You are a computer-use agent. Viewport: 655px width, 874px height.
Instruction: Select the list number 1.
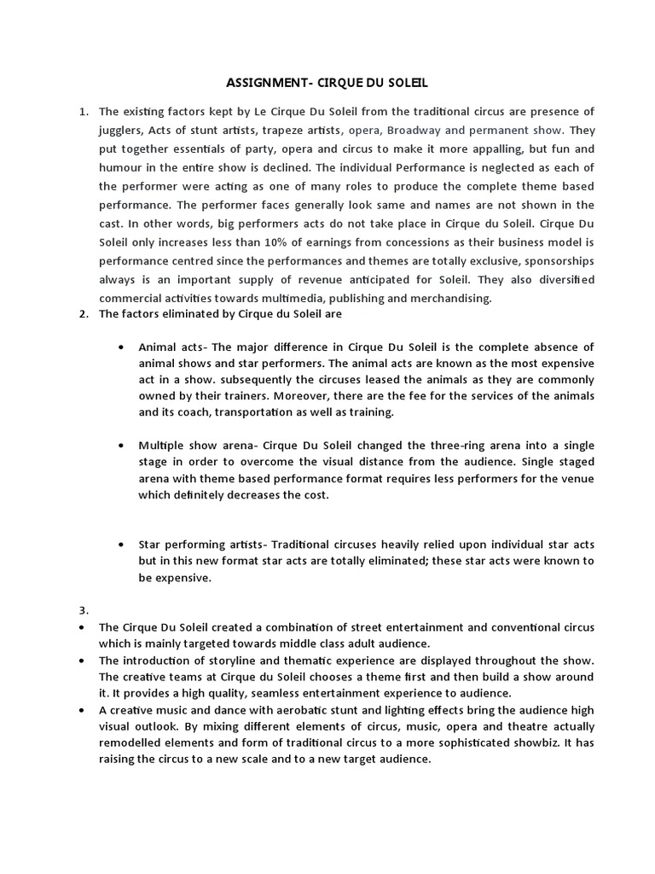click(83, 112)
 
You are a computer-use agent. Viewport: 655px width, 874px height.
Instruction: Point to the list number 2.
click(83, 313)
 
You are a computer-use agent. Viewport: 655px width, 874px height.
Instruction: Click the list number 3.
click(83, 609)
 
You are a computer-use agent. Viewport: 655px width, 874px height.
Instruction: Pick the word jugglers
click(122, 131)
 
